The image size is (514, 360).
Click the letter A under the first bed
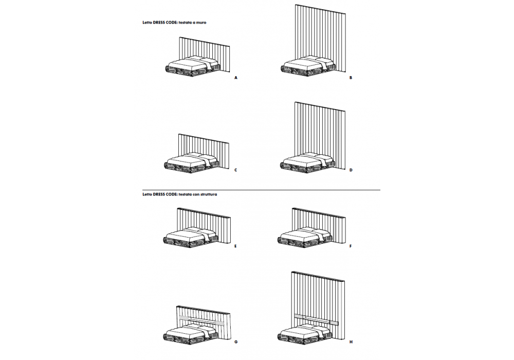pyautogui.click(x=236, y=78)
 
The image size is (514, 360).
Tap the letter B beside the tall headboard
pyautogui.click(x=351, y=78)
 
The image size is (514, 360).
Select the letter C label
pyautogui.click(x=236, y=170)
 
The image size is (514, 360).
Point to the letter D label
pyautogui.click(x=351, y=170)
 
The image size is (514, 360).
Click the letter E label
pyautogui.click(x=235, y=246)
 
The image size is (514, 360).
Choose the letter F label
pyautogui.click(x=351, y=246)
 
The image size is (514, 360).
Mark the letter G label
pyautogui.click(x=236, y=341)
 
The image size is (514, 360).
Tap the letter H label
pyautogui.click(x=351, y=341)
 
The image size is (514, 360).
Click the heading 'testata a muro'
pyautogui.click(x=192, y=23)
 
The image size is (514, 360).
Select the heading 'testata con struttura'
pyautogui.click(x=198, y=194)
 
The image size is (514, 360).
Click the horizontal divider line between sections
pyautogui.click(x=261, y=190)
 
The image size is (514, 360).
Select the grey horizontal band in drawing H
pyautogui.click(x=316, y=319)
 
